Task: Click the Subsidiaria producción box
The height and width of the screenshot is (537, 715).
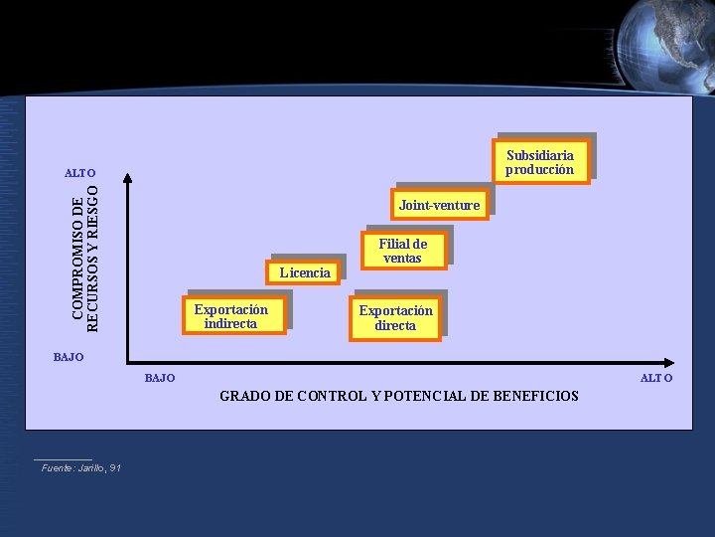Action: pyautogui.click(x=540, y=162)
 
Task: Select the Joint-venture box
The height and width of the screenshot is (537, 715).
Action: pyautogui.click(x=439, y=206)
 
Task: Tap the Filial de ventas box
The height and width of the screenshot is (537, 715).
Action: pyautogui.click(x=402, y=251)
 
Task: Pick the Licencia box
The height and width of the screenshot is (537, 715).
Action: pyautogui.click(x=305, y=272)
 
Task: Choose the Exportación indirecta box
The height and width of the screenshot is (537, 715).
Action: pyautogui.click(x=231, y=316)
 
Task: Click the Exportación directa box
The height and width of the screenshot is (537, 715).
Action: pyautogui.click(x=395, y=318)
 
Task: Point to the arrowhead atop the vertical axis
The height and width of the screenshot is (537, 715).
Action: pyautogui.click(x=126, y=179)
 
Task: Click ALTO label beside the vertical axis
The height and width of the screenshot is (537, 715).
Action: pyautogui.click(x=79, y=173)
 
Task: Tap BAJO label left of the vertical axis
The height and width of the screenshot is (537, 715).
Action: pyautogui.click(x=69, y=356)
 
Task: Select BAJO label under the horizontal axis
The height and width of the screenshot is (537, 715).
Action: pyautogui.click(x=160, y=378)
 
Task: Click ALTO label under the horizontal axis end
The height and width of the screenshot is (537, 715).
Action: pyautogui.click(x=656, y=378)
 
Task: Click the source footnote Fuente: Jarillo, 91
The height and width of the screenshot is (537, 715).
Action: pyautogui.click(x=81, y=467)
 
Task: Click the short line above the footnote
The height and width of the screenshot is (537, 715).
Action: pyautogui.click(x=63, y=459)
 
